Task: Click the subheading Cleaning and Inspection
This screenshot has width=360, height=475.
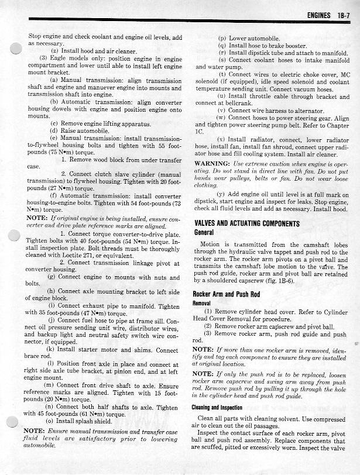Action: coord(220,408)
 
